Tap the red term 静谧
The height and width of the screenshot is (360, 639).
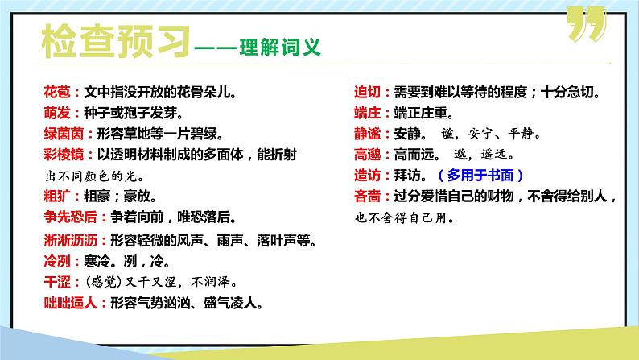click(x=369, y=133)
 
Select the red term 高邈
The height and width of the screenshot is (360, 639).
click(x=369, y=154)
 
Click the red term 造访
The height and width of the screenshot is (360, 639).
click(x=369, y=175)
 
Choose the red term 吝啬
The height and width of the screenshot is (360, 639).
click(x=369, y=196)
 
